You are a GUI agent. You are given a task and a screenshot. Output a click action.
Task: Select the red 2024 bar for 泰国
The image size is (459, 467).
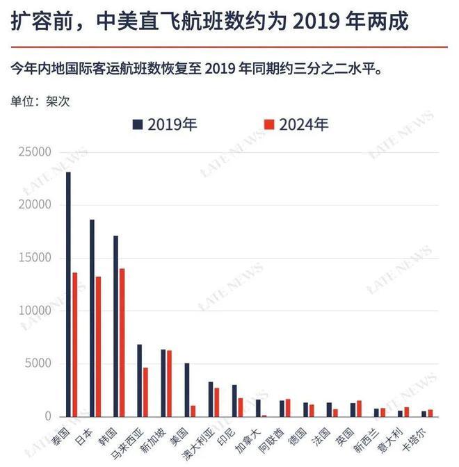pyautogui.click(x=75, y=344)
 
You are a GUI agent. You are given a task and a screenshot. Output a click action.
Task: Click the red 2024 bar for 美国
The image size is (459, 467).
pyautogui.click(x=193, y=411)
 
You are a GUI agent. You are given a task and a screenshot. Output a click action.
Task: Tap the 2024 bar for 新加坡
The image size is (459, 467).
pyautogui.click(x=169, y=383)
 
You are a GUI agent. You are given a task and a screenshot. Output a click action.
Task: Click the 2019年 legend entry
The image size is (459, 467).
pyautogui.click(x=166, y=125)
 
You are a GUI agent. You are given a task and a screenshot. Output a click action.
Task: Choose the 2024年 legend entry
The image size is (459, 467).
pyautogui.click(x=296, y=125)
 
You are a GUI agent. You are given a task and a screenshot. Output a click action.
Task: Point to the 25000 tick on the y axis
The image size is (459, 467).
pyautogui.click(x=35, y=152)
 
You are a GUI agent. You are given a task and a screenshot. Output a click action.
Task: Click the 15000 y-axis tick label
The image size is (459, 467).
pyautogui.click(x=35, y=258)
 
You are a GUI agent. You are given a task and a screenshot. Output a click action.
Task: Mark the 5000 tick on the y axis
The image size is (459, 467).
pyautogui.click(x=38, y=363)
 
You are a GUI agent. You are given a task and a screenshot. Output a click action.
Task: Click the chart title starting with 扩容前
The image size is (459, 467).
pyautogui.click(x=209, y=22)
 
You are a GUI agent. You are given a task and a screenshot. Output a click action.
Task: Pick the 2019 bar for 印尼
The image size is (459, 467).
pyautogui.click(x=234, y=400)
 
